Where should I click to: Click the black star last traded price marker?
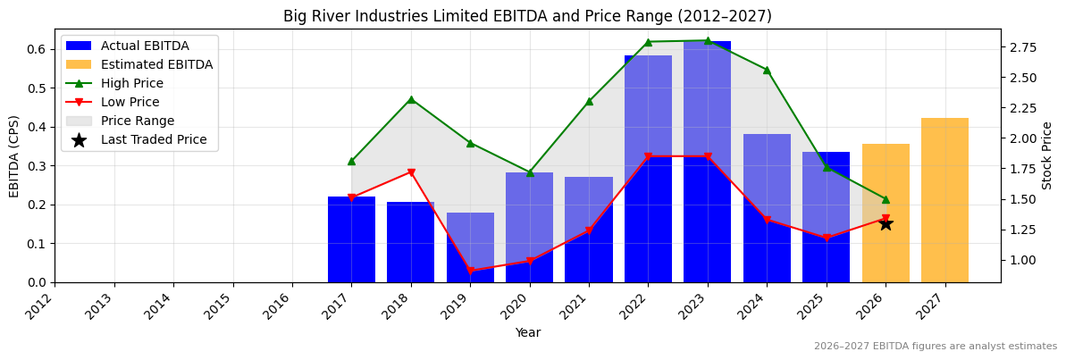pos(886,223)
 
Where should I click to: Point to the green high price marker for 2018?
pos(411,99)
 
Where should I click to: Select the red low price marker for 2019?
pos(470,271)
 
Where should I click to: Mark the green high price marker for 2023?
pos(708,40)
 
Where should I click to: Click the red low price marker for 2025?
pos(827,238)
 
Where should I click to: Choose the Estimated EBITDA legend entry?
pos(156,64)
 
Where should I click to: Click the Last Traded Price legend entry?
pos(154,139)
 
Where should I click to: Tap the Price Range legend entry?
pos(138,121)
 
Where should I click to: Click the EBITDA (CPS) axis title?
pos(14,155)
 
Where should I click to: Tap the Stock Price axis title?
pos(1047,155)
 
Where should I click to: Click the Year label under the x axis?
pos(527,332)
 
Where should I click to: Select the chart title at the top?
pos(527,16)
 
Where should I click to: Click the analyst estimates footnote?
pos(935,347)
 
